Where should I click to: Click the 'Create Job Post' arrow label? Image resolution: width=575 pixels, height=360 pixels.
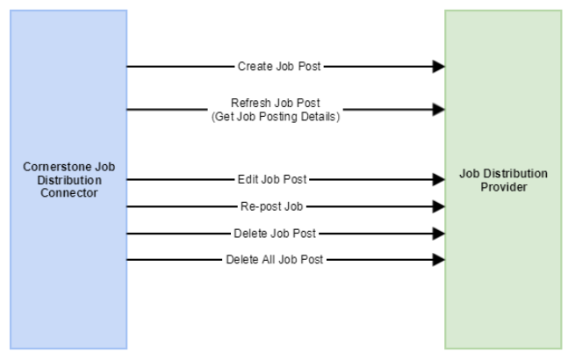[x=279, y=66]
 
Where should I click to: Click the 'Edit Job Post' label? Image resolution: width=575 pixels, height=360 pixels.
[x=272, y=180]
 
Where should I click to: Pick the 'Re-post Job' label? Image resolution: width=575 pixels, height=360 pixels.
[x=273, y=207]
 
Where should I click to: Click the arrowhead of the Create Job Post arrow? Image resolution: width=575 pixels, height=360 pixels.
[x=437, y=66]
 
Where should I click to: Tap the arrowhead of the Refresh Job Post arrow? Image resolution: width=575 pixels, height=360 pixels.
[x=437, y=110]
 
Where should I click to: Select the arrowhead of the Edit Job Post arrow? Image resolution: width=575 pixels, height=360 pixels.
[x=437, y=180]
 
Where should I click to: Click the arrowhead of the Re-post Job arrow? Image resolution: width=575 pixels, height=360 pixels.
[x=437, y=207]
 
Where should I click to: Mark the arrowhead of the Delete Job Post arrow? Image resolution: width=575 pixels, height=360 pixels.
[x=437, y=234]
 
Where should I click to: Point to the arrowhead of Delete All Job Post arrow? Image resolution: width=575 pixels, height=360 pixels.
[x=437, y=260]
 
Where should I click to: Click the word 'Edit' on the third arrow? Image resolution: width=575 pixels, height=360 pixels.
[x=248, y=180]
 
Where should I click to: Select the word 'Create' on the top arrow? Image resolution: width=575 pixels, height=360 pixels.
[x=253, y=66]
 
